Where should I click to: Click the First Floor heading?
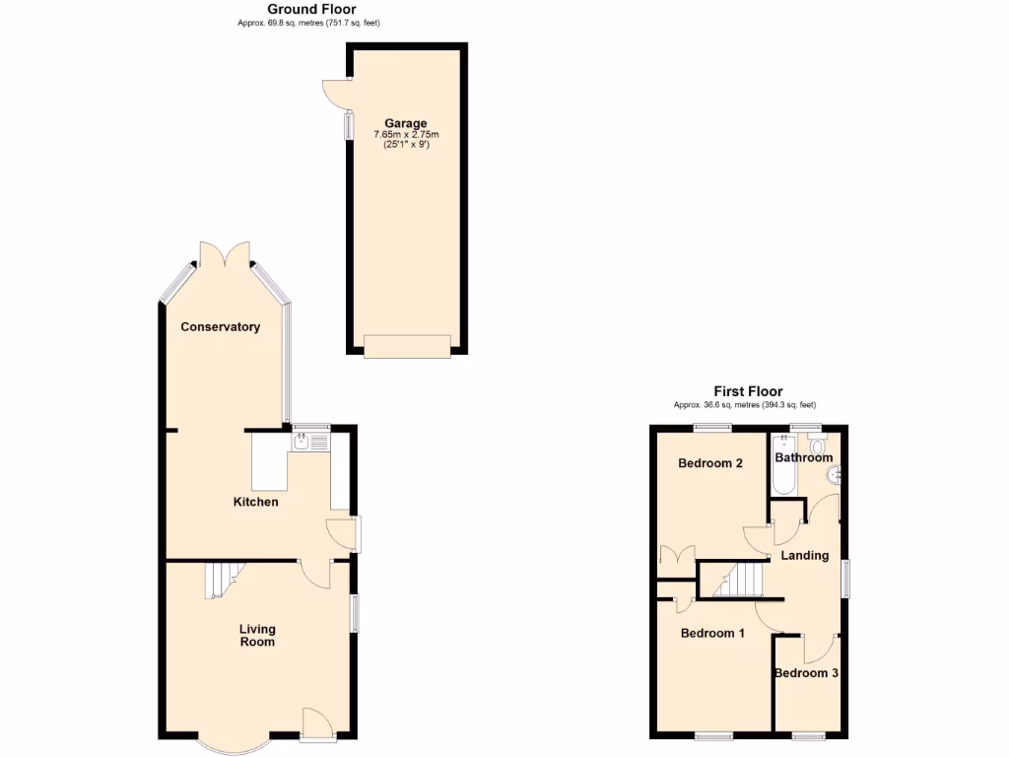(x=748, y=391)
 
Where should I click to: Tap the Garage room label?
(x=405, y=123)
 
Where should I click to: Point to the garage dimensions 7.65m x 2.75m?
(x=405, y=135)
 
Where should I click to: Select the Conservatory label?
(x=220, y=326)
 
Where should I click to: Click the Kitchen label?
(x=255, y=502)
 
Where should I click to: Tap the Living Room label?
(x=257, y=636)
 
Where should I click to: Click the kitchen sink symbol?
(x=302, y=443)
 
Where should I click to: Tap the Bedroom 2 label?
(x=710, y=463)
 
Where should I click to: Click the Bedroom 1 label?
(x=712, y=633)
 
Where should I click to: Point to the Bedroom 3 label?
(x=806, y=673)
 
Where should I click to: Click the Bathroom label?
(x=803, y=457)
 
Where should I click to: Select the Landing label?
(x=804, y=555)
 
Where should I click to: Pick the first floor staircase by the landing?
(x=739, y=580)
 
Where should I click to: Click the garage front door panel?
(x=406, y=344)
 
